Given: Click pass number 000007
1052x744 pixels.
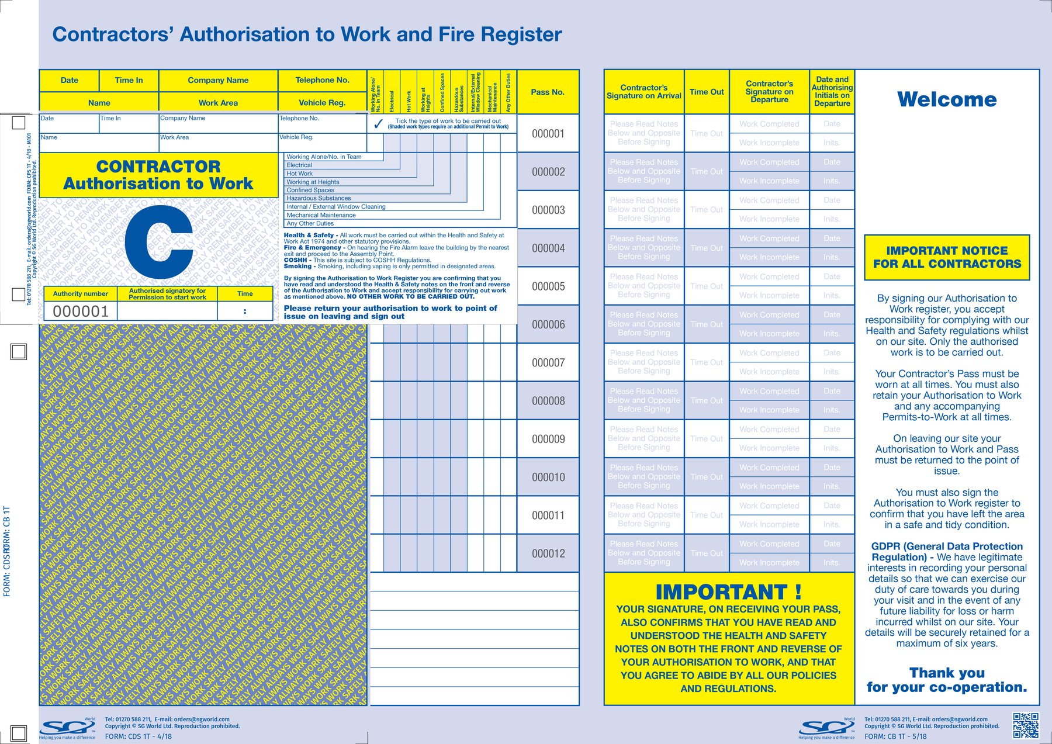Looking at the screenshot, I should coord(548,362).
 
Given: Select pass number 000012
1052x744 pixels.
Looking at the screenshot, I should coord(548,553).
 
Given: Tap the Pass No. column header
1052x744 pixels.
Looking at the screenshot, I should coord(548,92).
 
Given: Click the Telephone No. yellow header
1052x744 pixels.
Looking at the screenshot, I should coord(322,80).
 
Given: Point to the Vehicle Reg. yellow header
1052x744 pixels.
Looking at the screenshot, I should coord(322,102).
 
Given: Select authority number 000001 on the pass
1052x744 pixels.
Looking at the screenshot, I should coord(81,312).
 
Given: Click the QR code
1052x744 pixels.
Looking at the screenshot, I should coord(1026,725).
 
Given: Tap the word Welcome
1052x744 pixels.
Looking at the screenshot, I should coord(947,99).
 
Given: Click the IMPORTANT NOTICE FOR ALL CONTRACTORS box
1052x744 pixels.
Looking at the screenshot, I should coord(947,257).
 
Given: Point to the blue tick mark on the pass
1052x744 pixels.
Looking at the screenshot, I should coord(378,123).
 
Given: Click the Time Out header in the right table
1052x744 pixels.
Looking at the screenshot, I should coord(707,92).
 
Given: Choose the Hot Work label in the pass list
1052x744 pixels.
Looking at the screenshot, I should coord(300,174).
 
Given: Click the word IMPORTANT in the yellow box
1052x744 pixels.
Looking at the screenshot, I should coord(721,592).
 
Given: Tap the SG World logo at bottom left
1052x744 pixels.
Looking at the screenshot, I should coord(67,728).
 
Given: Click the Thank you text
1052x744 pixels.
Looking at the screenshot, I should coord(947,673).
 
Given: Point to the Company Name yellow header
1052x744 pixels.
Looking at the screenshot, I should coord(218,80).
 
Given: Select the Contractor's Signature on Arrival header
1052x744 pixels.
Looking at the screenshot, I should coord(643,92).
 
